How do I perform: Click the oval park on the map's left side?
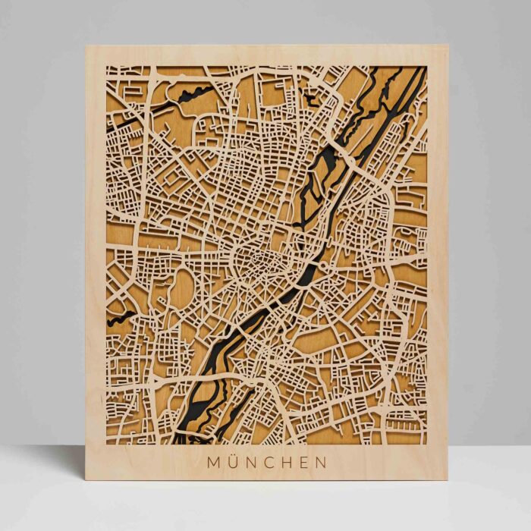[x=184, y=285]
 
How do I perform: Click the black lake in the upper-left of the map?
[x=193, y=96]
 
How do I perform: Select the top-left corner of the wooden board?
[x=86, y=46]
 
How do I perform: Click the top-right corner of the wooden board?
[x=448, y=45]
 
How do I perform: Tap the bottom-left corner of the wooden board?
[x=85, y=480]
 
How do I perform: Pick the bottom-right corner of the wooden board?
[x=448, y=480]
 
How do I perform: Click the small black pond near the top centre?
[x=311, y=97]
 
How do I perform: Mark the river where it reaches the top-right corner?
[x=419, y=72]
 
